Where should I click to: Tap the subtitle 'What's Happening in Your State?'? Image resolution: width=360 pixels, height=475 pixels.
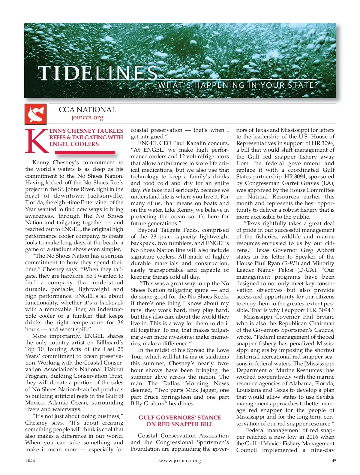point(238,85)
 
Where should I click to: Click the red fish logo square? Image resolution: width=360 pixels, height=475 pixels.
point(36,114)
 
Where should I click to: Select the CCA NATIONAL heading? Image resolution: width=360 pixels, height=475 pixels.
point(87,110)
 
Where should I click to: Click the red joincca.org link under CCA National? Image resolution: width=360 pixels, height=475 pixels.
point(87,117)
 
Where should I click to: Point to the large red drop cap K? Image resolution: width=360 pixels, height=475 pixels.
point(37,141)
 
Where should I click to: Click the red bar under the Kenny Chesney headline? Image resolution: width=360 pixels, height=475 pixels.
point(85,153)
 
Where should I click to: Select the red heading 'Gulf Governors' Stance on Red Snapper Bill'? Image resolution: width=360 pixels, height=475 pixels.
point(179,421)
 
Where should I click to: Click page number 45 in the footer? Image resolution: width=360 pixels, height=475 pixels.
point(334,461)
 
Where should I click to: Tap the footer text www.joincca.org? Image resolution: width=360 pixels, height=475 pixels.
point(180,461)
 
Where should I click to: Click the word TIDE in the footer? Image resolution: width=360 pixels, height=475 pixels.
point(30,460)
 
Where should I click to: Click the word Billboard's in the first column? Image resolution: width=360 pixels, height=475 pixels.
point(109,343)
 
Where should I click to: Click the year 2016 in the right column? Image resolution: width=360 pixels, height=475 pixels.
point(312,437)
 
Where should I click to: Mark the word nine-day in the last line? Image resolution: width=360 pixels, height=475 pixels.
point(322,450)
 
